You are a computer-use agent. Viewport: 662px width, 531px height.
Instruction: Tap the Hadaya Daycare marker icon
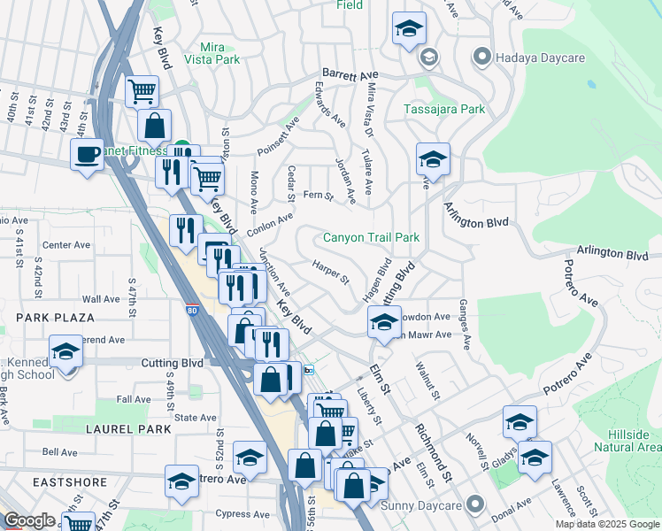pos(481,58)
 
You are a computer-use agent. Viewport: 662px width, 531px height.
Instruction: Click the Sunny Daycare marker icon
pos(476,505)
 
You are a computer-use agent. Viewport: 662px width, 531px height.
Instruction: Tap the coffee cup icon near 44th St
pos(87,154)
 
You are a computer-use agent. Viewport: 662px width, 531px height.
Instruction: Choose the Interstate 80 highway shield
pos(192,311)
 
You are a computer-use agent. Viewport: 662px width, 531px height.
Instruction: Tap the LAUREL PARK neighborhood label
pos(49,429)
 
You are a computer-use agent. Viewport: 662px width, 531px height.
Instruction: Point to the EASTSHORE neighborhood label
pos(45,481)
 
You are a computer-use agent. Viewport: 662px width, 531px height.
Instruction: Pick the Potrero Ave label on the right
pos(567,375)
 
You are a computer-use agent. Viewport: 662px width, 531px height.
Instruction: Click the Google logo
pos(29,520)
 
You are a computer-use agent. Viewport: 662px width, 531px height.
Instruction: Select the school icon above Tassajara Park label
pos(409,28)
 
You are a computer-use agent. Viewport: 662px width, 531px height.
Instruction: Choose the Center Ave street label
pos(67,245)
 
